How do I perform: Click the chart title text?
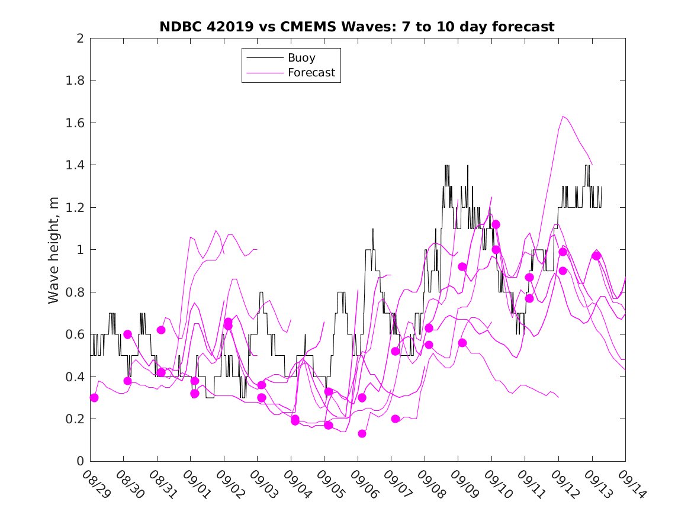(x=357, y=27)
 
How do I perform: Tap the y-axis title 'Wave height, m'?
(x=54, y=250)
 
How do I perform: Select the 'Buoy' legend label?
(x=301, y=58)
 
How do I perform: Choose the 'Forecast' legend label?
(x=311, y=73)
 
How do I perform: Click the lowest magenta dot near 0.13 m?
(x=362, y=434)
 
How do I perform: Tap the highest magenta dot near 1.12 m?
(x=496, y=224)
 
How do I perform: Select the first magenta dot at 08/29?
(x=94, y=398)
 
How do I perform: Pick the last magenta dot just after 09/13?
(x=596, y=256)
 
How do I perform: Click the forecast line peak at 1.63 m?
(x=563, y=116)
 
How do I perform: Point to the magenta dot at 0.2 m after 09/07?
(x=396, y=419)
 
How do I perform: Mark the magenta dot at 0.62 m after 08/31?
(x=161, y=330)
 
